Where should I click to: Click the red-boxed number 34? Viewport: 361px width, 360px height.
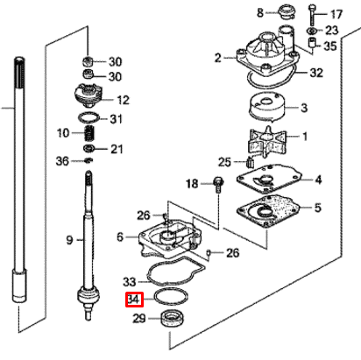[x=133, y=300]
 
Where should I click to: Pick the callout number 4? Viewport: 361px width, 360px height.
[x=319, y=180]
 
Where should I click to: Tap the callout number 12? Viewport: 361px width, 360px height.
[x=123, y=99]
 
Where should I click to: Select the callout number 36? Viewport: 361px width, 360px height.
[x=61, y=160]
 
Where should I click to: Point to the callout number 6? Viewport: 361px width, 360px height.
[x=120, y=236]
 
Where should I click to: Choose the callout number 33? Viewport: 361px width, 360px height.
[x=129, y=282]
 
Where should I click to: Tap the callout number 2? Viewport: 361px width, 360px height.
[x=218, y=58]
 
